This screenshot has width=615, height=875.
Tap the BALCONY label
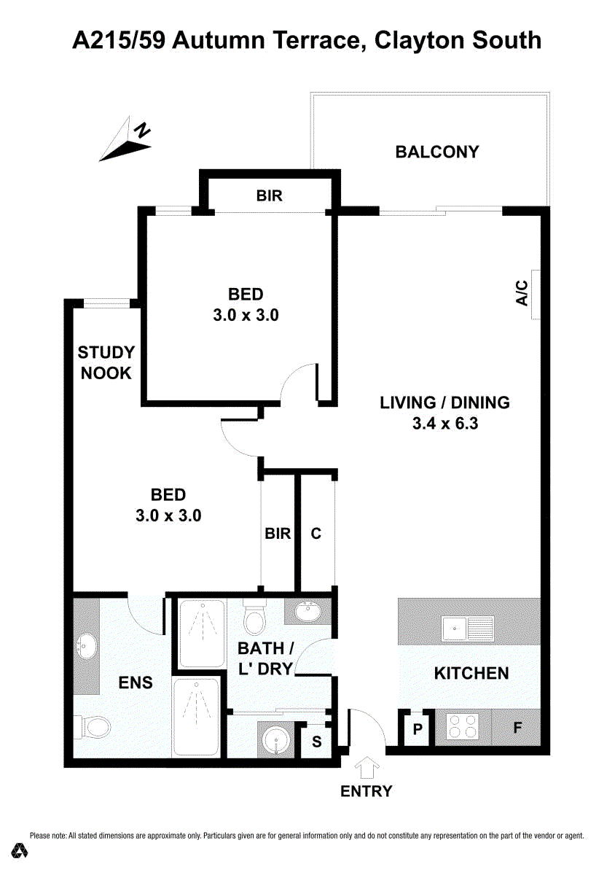(x=437, y=152)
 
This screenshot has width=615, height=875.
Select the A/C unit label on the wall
(x=522, y=293)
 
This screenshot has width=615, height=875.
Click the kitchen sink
(x=468, y=629)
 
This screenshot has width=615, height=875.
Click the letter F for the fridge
(x=517, y=728)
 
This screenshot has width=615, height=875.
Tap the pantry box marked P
(x=418, y=728)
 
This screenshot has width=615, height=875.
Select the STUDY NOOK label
(x=106, y=363)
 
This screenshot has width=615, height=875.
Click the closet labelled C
(x=316, y=533)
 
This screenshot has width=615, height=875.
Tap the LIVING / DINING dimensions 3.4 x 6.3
(x=445, y=424)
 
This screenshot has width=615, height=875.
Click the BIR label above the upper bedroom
(x=270, y=195)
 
